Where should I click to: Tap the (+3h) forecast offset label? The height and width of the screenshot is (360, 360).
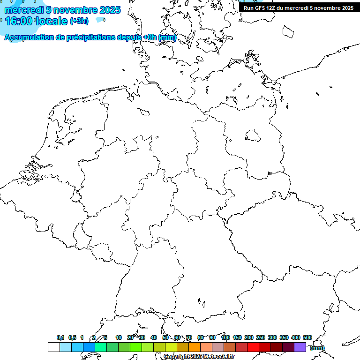(79, 21)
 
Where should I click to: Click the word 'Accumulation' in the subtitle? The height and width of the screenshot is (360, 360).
(28, 37)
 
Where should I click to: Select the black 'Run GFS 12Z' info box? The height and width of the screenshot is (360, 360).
(299, 8)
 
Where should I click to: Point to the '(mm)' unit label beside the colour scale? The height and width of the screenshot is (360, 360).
(317, 348)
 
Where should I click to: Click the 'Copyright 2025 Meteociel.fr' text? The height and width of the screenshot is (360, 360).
(199, 357)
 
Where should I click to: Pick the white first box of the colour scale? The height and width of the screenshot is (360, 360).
(53, 347)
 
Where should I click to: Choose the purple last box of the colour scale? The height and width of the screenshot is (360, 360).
(300, 347)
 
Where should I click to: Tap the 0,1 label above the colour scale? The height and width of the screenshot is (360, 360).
(60, 337)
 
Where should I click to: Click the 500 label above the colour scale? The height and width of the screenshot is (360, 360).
(307, 337)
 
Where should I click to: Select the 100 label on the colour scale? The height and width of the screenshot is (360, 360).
(225, 337)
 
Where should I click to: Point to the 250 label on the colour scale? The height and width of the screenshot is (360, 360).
(261, 337)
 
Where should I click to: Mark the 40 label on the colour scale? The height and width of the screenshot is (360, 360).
(154, 337)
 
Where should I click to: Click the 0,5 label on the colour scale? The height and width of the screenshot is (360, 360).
(72, 337)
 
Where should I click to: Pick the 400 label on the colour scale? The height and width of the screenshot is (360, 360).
(296, 337)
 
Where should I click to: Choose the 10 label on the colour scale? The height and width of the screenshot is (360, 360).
(119, 337)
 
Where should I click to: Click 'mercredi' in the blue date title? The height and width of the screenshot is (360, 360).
(23, 10)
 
